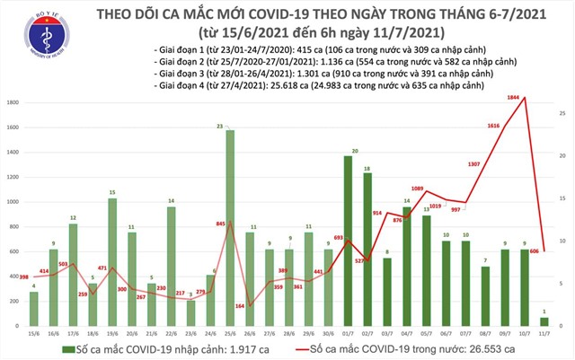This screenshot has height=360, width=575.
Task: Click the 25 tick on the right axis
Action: point(560,112)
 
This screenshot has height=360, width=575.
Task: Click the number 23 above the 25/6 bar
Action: point(230,127)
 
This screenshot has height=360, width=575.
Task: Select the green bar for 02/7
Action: point(368,248)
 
